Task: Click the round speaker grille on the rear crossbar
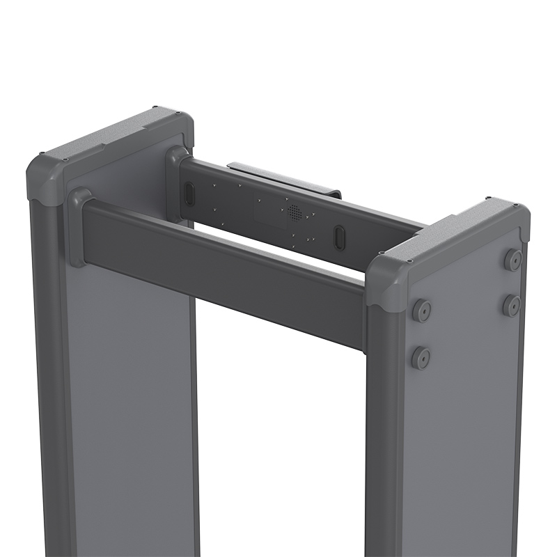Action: pos(294,212)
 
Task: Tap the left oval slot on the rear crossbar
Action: pos(189,194)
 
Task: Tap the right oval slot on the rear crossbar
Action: pos(339,237)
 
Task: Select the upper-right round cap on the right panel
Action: pos(513,260)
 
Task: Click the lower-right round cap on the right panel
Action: pos(512,305)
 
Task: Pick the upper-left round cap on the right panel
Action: pos(421,311)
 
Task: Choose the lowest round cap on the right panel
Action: pos(421,358)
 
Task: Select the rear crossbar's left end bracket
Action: pos(175,182)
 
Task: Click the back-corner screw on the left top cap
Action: pos(155,108)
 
